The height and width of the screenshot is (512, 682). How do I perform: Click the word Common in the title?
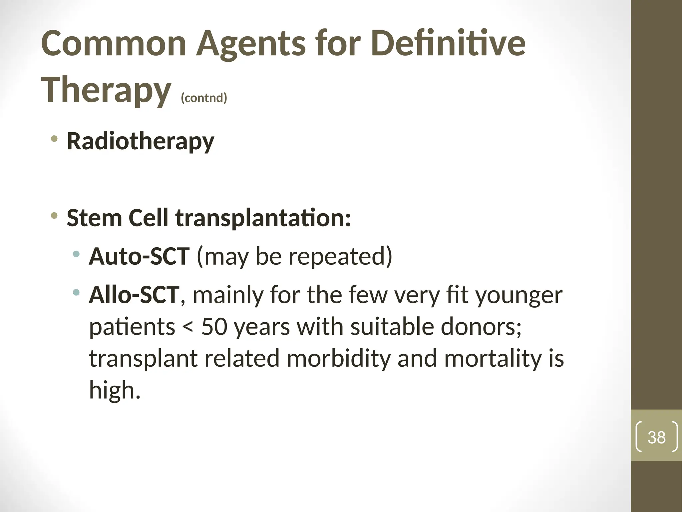point(114,44)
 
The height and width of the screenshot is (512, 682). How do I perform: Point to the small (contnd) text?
point(204,98)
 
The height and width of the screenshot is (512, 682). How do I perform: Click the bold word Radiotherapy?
point(140,142)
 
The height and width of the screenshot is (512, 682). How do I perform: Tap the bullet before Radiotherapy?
point(54,138)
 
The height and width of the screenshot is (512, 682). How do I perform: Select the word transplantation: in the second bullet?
point(263,218)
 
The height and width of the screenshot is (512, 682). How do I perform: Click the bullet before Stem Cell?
point(54,215)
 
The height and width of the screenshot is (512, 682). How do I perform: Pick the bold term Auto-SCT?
point(139,256)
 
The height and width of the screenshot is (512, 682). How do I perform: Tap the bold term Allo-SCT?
point(134,295)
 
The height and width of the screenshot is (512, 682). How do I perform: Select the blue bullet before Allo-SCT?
point(76,293)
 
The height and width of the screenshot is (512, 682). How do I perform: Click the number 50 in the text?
point(214,327)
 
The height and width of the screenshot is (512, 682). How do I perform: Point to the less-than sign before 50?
point(188,327)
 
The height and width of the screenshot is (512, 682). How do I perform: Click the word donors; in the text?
point(481,327)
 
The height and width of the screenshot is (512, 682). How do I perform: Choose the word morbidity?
point(338,358)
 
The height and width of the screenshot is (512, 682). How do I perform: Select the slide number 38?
point(656,437)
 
